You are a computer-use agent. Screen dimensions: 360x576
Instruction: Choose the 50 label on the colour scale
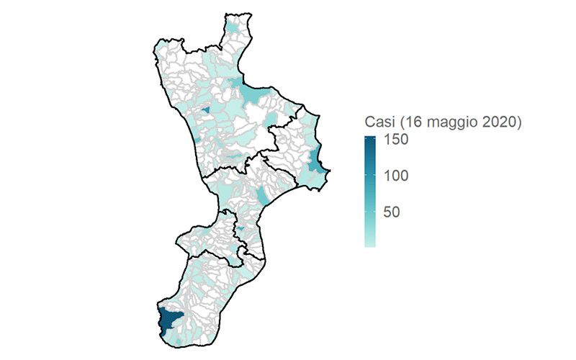click(x=391, y=212)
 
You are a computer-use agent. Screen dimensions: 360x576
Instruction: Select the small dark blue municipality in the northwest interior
click(x=205, y=110)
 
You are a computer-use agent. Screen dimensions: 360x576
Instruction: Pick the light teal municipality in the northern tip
click(x=233, y=27)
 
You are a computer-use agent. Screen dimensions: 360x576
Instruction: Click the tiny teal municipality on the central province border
click(x=242, y=229)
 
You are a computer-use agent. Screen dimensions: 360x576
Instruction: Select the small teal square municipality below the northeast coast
click(x=271, y=117)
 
